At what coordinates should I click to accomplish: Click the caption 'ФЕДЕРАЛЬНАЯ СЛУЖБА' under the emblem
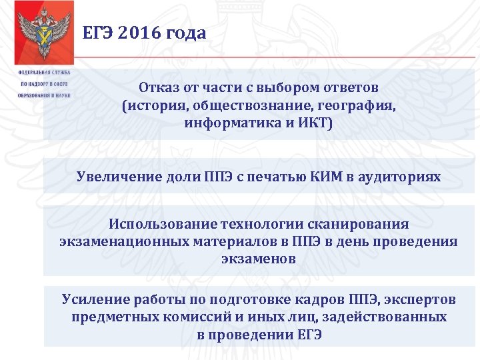coord(44,72)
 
